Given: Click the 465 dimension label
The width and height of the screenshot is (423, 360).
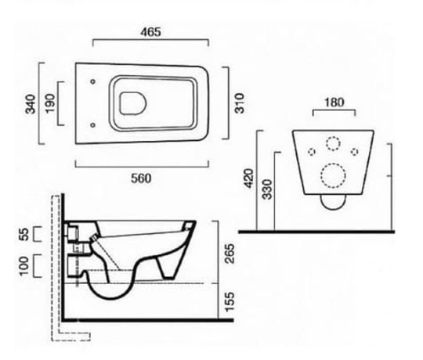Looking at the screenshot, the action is point(150,32).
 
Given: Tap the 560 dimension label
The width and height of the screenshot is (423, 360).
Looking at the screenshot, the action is point(141,178).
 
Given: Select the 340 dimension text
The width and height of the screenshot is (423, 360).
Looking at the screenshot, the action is point(31,104).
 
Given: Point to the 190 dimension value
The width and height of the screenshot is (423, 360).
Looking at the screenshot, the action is point(50,103).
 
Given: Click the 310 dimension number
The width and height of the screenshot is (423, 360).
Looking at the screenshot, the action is point(239,103).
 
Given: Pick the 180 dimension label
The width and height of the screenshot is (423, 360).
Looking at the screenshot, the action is point(334,103).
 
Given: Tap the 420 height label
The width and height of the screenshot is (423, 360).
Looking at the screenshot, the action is point(249,178).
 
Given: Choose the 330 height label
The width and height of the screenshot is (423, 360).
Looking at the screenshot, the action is point(268,189).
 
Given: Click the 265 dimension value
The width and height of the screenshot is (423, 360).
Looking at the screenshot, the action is point(230,254).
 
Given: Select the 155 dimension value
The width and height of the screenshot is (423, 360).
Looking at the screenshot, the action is point(230,302).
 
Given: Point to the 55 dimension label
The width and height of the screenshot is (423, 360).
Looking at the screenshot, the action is point(24,234).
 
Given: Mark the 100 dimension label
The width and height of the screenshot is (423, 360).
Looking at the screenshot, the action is point(23,266).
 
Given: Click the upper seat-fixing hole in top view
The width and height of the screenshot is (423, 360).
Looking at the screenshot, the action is point(92,81).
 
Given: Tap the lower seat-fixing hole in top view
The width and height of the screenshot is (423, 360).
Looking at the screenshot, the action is point(92,125).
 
